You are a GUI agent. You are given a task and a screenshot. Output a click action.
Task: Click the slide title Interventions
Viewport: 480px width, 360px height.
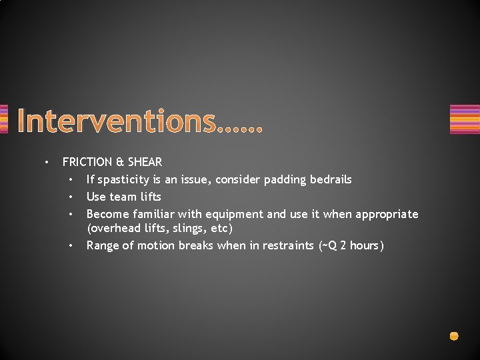pyautogui.click(x=140, y=121)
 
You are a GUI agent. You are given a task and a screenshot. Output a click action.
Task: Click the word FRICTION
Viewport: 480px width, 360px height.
pyautogui.click(x=87, y=162)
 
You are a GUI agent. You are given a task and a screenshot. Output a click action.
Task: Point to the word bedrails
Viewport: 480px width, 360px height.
pyautogui.click(x=329, y=179)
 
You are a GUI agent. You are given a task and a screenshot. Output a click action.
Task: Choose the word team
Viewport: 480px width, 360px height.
pyautogui.click(x=124, y=197)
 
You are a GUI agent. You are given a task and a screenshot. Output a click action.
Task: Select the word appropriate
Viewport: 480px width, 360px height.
pyautogui.click(x=387, y=215)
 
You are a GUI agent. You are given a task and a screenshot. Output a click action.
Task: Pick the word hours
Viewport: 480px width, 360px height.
pyautogui.click(x=364, y=245)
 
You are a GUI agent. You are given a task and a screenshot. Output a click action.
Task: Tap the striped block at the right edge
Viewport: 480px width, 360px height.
pyautogui.click(x=465, y=119)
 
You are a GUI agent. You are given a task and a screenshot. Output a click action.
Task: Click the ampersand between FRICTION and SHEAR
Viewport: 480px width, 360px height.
pyautogui.click(x=120, y=162)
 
